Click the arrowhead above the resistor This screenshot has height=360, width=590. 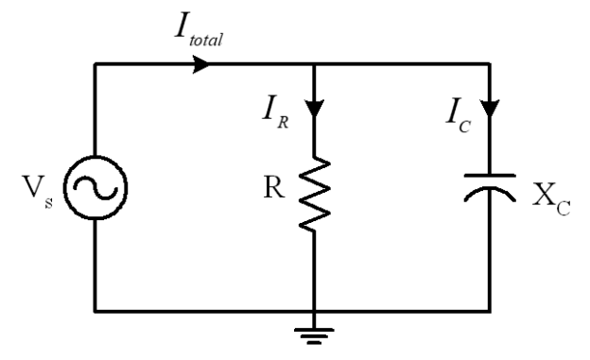click(312, 104)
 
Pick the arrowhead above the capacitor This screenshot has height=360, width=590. click(489, 104)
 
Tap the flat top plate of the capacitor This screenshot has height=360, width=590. click(489, 175)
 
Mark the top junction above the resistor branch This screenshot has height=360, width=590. click(312, 65)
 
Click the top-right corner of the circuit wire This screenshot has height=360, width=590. click(489, 65)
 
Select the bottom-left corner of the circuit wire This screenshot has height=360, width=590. click(95, 309)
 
